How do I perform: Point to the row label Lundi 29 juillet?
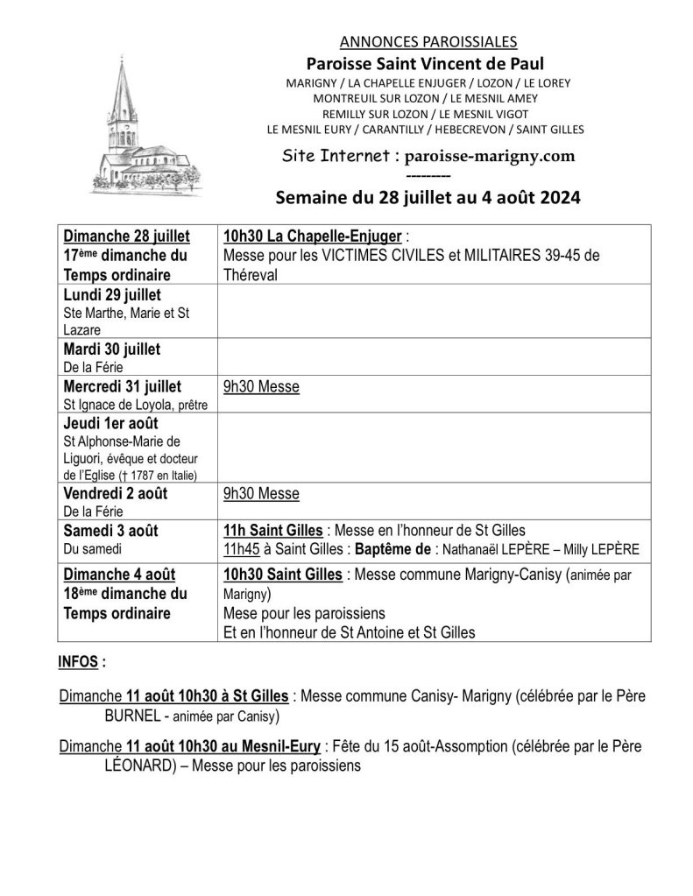point(112,294)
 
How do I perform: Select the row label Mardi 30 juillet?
point(112,349)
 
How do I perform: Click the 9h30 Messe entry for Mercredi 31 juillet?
point(261,385)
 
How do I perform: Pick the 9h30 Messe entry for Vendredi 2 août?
point(261,493)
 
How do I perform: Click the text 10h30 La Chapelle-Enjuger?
point(313,236)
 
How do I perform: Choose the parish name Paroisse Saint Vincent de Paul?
point(425,63)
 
